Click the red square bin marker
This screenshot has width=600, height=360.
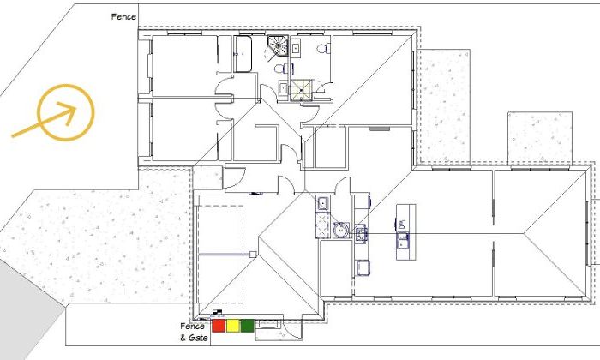coord(218,326)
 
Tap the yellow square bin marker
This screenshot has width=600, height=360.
coord(232,326)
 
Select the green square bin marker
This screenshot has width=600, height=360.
coord(247,326)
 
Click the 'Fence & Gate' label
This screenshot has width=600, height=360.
coord(194,332)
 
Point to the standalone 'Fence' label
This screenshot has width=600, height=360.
coord(123,16)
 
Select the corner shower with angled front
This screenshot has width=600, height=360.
coord(278,45)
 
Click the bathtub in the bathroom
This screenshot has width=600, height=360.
coord(243,53)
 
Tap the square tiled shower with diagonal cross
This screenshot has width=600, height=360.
coord(302,90)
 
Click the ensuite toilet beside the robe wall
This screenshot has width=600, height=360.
coord(324,48)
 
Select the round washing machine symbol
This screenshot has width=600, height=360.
coord(340,231)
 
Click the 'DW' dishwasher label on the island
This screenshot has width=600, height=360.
coord(402,225)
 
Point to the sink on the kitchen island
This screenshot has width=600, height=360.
coord(403,241)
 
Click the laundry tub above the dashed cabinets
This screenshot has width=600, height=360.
coord(322,203)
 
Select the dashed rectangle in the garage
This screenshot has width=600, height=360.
coord(220,255)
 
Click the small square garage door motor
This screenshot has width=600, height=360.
coord(253,254)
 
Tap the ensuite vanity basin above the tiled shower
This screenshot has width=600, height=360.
coord(296,48)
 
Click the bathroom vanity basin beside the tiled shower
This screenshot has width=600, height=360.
coord(284,88)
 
